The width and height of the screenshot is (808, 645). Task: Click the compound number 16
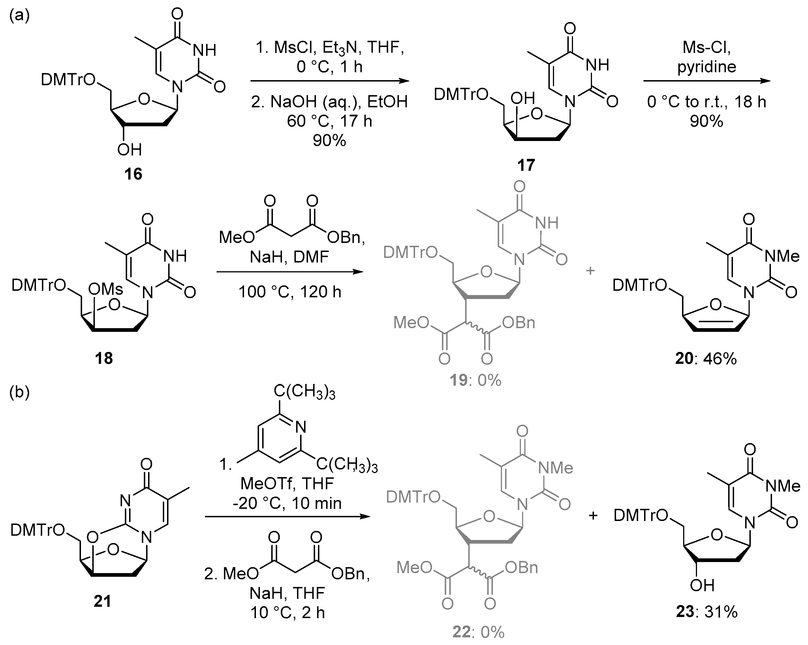pos(133,174)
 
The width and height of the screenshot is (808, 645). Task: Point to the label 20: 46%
pos(706,359)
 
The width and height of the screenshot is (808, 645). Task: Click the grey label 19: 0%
pos(476,381)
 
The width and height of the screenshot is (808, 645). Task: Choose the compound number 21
pos(102,601)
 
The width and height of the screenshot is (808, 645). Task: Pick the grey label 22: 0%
pos(478,632)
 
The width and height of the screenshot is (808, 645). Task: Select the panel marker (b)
pos(19,394)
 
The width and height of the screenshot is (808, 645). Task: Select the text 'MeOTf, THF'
pos(287,484)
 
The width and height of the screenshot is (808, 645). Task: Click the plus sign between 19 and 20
pos(590,270)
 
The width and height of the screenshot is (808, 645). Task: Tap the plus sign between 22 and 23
pos(593,516)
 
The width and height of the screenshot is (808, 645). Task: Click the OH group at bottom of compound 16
pos(129,150)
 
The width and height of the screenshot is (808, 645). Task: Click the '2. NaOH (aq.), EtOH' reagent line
pos(329,102)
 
